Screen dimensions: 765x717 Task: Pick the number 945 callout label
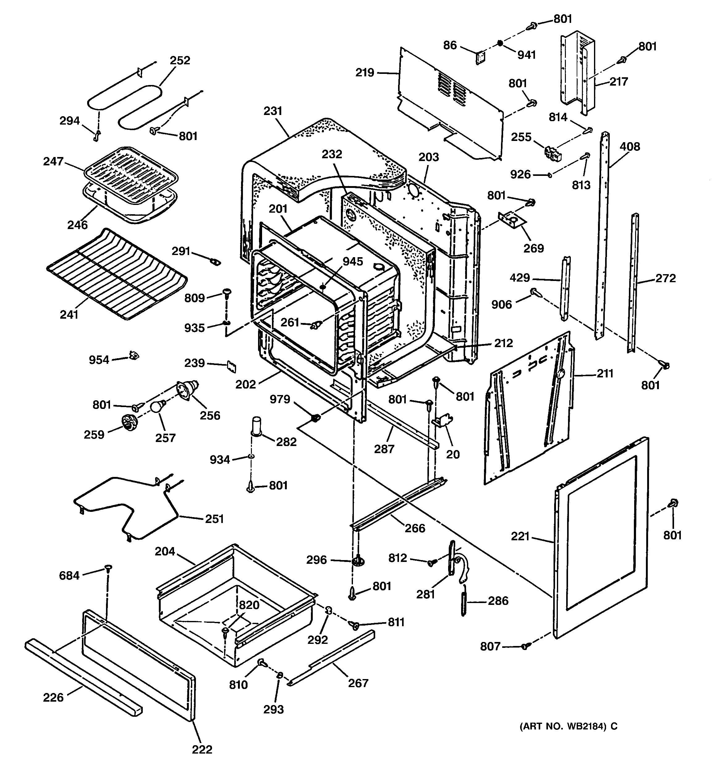(x=353, y=262)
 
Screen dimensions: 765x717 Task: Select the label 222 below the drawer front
(x=202, y=749)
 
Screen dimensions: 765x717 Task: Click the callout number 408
(x=630, y=147)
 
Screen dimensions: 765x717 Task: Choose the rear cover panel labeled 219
(x=450, y=104)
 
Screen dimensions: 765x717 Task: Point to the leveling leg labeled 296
(x=358, y=561)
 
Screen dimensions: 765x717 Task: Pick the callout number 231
(x=273, y=111)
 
